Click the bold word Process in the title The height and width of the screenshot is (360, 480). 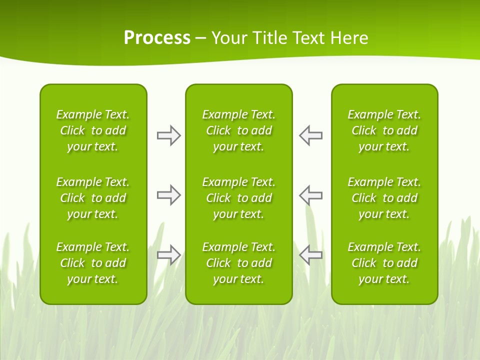pos(157,38)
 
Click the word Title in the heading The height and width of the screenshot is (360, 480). pos(269,38)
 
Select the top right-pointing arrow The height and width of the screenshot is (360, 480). pos(168,135)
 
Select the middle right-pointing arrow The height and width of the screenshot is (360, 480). pos(168,195)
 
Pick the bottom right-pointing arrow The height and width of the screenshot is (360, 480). pos(168,255)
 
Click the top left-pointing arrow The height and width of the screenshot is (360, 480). pos(311,135)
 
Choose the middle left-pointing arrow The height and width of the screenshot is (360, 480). pos(311,195)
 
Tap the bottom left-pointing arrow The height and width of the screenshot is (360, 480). pos(311,255)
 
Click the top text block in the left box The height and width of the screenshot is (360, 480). pos(93,130)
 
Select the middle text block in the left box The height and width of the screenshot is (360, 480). pos(93,198)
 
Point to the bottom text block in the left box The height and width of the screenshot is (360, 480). pos(93,263)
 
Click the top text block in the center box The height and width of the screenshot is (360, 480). pos(239,130)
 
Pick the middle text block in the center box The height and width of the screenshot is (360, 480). pos(239,198)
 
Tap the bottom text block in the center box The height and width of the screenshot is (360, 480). pos(239,263)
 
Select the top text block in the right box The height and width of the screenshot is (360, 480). pos(384,130)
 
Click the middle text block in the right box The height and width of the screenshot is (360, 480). pos(384,198)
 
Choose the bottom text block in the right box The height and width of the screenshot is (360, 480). pos(384,263)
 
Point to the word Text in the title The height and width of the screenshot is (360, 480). pos(308,38)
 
